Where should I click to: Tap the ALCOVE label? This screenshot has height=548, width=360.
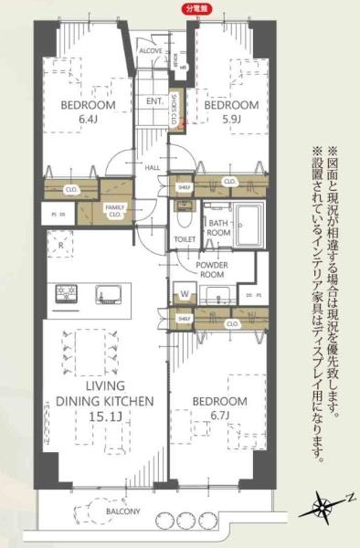151,52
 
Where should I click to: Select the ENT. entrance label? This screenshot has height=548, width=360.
154,100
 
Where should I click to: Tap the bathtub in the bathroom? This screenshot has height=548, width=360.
249,224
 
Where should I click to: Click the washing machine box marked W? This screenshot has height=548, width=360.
185,295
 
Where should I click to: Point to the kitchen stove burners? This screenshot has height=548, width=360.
67,294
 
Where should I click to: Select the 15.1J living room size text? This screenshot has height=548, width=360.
94,416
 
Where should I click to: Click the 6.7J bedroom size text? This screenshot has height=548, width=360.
219,416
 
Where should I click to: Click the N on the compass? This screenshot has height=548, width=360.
348,496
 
